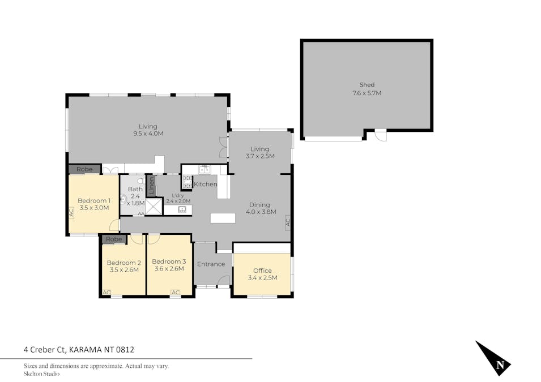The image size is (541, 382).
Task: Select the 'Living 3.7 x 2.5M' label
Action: click(x=260, y=153)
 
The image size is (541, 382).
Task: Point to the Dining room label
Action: click(x=261, y=208)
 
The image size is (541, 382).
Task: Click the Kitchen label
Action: click(x=206, y=184)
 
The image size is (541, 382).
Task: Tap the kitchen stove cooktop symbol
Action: click(x=187, y=181)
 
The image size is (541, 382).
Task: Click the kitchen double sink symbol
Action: click(x=205, y=169)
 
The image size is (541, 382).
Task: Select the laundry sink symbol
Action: click(x=182, y=209)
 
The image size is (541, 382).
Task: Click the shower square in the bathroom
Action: click(x=154, y=206)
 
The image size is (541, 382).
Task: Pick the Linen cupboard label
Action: click(x=151, y=184)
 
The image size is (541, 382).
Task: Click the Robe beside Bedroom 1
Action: click(x=84, y=169)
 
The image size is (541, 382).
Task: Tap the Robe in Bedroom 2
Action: click(x=114, y=239)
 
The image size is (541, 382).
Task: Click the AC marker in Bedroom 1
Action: click(x=71, y=213)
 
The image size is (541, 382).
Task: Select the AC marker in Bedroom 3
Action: click(x=176, y=292)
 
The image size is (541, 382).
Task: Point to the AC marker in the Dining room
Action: click(x=288, y=222)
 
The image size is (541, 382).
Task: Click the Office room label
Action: click(x=262, y=274)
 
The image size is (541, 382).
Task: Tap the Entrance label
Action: click(x=211, y=264)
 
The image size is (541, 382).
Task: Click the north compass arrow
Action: click(x=493, y=359)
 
